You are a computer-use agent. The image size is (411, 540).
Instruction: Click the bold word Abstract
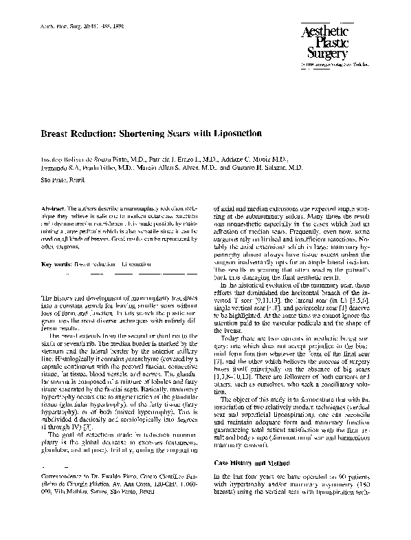pos(54,207)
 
